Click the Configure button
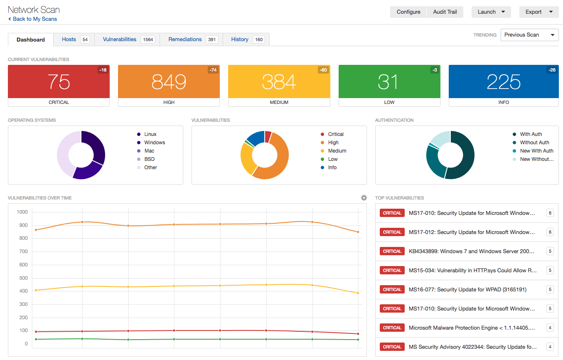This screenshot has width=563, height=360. pyautogui.click(x=408, y=12)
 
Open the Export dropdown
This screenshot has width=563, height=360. pyautogui.click(x=538, y=12)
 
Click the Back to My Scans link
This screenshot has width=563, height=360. pyautogui.click(x=33, y=19)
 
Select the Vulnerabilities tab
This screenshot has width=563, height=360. pyautogui.click(x=120, y=39)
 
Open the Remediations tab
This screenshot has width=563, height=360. pyautogui.click(x=185, y=39)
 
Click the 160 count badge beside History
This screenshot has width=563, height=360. pyautogui.click(x=259, y=40)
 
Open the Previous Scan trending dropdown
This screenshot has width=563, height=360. pyautogui.click(x=529, y=35)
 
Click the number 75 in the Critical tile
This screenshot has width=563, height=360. pyautogui.click(x=59, y=81)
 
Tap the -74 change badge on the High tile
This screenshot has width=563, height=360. pyautogui.click(x=213, y=70)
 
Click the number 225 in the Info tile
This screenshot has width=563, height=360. pyautogui.click(x=503, y=81)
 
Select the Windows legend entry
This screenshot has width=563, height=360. pyautogui.click(x=154, y=143)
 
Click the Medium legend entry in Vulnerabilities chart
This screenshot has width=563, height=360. pyautogui.click(x=337, y=151)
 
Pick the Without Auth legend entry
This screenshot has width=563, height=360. pyautogui.click(x=534, y=143)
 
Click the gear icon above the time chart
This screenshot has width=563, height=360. pyautogui.click(x=364, y=198)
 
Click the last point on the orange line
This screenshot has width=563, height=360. pyautogui.click(x=358, y=232)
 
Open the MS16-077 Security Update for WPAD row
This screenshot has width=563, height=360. pyautogui.click(x=467, y=289)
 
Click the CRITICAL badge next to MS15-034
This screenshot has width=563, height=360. pyautogui.click(x=392, y=270)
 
